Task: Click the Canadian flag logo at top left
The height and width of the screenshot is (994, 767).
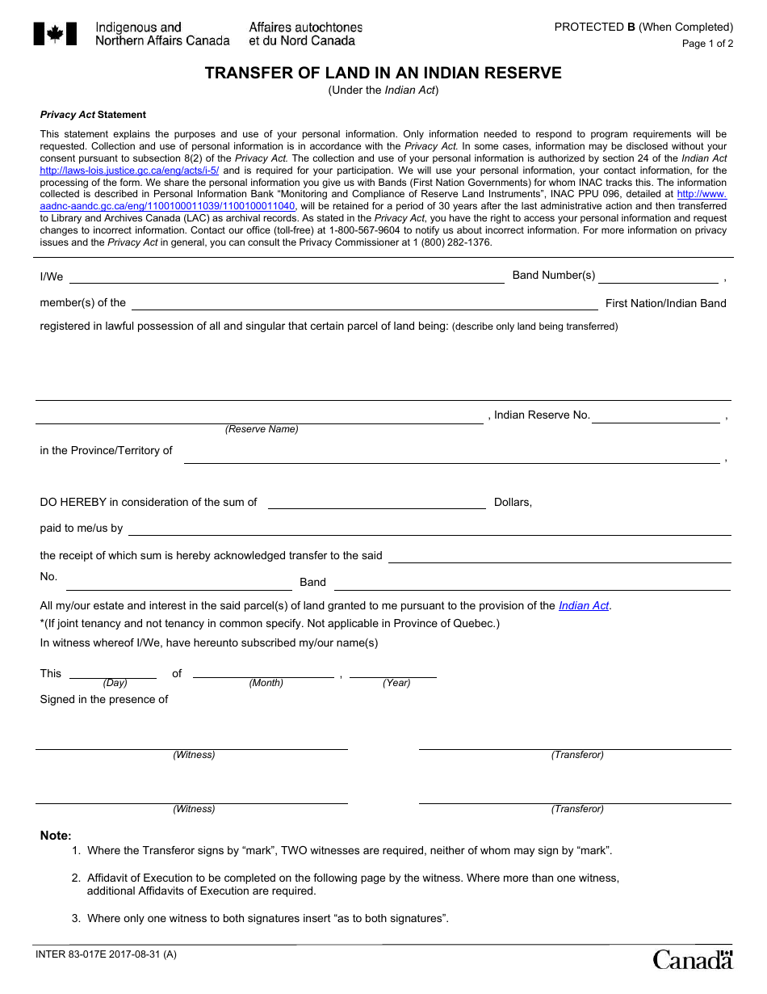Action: click(x=55, y=34)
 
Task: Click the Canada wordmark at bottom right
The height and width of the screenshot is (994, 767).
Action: click(x=692, y=959)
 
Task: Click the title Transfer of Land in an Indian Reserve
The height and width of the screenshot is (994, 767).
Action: click(x=383, y=73)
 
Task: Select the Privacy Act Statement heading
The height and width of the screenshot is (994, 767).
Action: click(x=93, y=115)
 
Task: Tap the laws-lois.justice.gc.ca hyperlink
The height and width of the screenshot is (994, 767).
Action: click(x=129, y=171)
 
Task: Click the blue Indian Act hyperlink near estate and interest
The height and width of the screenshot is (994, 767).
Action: click(x=584, y=605)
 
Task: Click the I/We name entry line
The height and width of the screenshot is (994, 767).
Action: click(x=287, y=277)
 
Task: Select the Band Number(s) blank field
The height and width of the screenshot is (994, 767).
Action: click(x=658, y=277)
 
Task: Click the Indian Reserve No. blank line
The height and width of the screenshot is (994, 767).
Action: click(x=656, y=417)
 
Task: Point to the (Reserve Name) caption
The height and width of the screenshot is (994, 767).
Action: click(x=262, y=429)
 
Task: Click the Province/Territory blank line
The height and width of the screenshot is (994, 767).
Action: click(x=451, y=457)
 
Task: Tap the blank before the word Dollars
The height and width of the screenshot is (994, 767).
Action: click(x=376, y=503)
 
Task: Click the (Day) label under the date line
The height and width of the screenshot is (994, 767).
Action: click(x=115, y=683)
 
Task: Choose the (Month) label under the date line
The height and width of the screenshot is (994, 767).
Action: click(x=266, y=683)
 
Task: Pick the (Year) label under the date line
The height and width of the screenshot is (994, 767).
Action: click(x=396, y=683)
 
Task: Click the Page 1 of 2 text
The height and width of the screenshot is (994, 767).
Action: click(x=707, y=44)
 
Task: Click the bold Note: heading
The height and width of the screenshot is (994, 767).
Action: click(x=56, y=836)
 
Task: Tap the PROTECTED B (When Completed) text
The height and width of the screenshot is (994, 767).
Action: click(x=643, y=27)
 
